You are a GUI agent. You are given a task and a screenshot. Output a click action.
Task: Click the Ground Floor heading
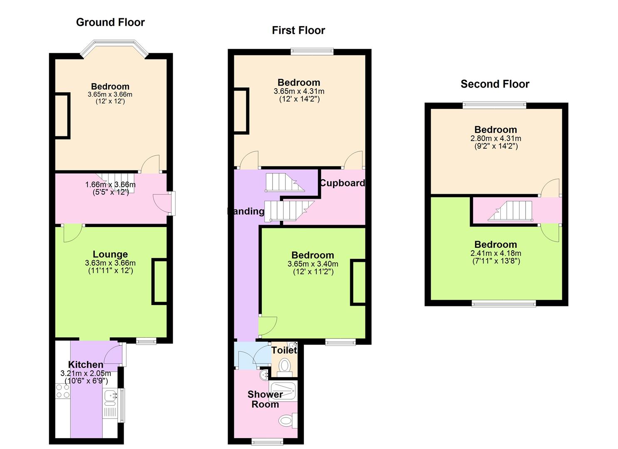coord(110,22)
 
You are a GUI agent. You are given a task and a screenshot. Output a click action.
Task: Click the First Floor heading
coord(298,30)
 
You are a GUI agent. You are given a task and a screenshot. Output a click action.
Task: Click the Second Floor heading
coord(495,84)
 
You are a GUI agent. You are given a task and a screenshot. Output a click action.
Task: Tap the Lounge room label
coord(110,254)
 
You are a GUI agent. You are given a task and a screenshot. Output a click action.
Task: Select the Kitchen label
coord(86,365)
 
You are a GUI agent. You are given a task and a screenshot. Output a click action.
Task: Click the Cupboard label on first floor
coord(343,183)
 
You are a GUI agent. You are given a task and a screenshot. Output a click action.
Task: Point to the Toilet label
coord(284,350)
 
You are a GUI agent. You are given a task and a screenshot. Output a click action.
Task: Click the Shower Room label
coord(265,399)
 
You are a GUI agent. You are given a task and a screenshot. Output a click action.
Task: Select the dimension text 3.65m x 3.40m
coord(313,264)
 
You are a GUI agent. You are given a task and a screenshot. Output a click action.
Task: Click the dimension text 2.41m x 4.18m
coord(496,253)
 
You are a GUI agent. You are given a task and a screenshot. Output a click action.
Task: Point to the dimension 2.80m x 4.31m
coord(496,138)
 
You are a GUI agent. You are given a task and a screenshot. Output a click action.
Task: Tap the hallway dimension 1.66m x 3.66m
coord(110,185)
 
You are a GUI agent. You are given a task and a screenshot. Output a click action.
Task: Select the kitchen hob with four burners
coord(63,391)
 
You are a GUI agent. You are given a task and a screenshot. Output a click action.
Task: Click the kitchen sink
coord(110,397)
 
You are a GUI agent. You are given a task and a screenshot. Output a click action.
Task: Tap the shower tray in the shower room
coord(283,391)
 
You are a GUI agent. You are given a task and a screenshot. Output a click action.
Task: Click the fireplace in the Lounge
coord(160,281)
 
